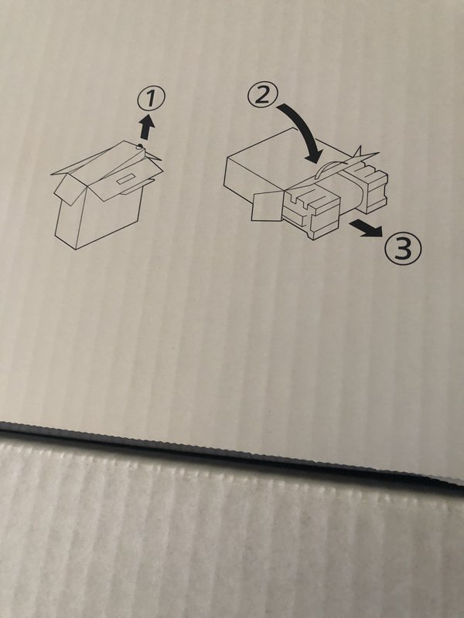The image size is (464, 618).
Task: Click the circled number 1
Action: (x=151, y=100)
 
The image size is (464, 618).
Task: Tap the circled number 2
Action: (x=263, y=95)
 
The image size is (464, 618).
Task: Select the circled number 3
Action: (x=403, y=249)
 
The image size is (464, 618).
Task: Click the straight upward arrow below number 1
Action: (x=147, y=126)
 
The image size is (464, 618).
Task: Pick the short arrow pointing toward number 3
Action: (x=366, y=228)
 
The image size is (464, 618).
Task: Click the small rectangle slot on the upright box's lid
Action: (x=126, y=179)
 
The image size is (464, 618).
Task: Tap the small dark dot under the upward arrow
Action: (x=139, y=147)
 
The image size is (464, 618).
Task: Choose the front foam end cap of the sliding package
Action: (x=312, y=211)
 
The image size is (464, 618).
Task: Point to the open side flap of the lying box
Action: (x=266, y=206)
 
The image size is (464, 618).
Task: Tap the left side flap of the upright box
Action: (x=70, y=190)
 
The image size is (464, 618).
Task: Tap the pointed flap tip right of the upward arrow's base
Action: (x=156, y=157)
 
